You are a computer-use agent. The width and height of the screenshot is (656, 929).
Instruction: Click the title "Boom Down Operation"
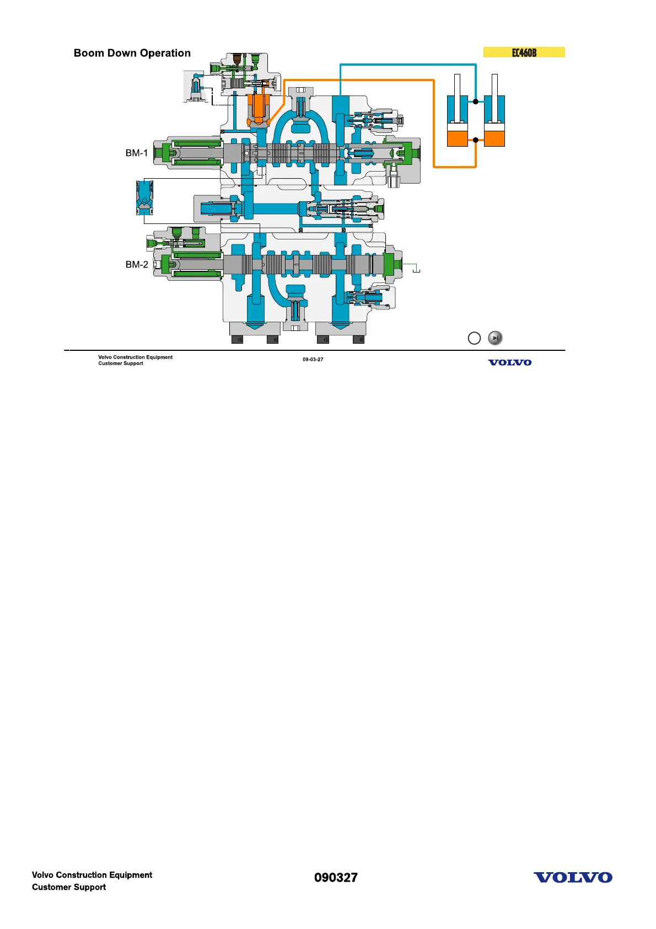pos(132,54)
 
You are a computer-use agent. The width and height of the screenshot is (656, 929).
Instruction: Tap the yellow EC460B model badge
pos(524,52)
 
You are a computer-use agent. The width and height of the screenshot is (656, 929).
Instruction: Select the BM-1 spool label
pos(137,153)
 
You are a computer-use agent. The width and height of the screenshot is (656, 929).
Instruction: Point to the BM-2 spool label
pos(137,265)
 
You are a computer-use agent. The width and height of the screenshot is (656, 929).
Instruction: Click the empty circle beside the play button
pos(474,338)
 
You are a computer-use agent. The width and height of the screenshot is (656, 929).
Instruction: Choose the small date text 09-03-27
pos(313,360)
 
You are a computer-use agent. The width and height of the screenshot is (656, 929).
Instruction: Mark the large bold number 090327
pos(336,878)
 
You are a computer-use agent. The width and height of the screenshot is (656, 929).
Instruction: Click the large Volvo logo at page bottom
pos(573,878)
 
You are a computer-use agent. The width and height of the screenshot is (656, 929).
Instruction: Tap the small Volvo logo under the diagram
pos(509,362)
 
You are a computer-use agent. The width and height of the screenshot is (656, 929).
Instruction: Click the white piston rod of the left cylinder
pos(457,86)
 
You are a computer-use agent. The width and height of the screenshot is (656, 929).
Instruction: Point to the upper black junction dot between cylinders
pos(476,102)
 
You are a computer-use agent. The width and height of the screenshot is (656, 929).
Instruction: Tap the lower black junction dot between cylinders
pos(476,140)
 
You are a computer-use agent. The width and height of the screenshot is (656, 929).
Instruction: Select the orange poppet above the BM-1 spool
pos(258,108)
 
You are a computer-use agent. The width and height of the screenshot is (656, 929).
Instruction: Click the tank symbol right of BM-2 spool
pos(417,270)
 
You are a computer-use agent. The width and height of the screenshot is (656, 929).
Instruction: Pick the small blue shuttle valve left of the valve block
pos(144,197)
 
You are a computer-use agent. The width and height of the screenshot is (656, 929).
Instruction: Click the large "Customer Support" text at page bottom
pos(69,887)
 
